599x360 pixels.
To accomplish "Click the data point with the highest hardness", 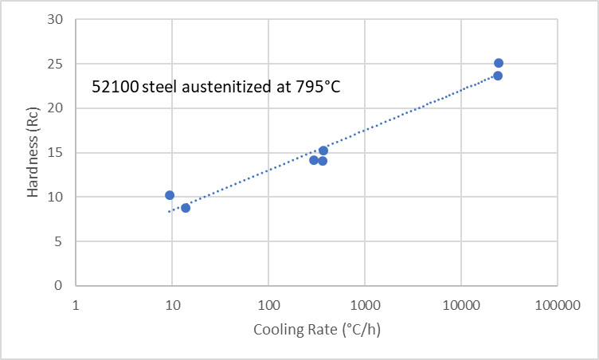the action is (x=499, y=63).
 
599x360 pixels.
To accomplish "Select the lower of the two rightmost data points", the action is (x=498, y=76).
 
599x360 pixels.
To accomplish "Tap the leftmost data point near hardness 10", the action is (x=170, y=195).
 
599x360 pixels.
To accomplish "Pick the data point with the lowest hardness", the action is (x=186, y=208).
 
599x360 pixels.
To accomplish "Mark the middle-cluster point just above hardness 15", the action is (x=323, y=151).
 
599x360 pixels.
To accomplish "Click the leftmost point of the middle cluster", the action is (x=314, y=160).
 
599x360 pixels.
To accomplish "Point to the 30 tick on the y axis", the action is (x=55, y=19).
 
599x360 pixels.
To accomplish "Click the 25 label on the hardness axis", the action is (x=55, y=64).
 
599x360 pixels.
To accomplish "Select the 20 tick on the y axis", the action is (x=55, y=108).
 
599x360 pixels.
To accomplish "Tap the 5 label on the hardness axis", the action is (x=58, y=241).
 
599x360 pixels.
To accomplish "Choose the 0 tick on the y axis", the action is (x=58, y=285).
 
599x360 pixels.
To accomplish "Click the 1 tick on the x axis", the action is (x=76, y=305).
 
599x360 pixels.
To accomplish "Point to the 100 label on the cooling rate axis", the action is (x=268, y=305).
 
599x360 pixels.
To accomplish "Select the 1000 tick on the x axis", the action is (x=365, y=305).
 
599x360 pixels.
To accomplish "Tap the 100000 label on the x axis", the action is (x=558, y=305).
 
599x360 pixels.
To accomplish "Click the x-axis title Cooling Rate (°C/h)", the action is (x=317, y=330).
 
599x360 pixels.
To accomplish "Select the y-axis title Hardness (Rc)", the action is (x=33, y=152).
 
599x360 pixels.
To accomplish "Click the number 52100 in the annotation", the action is (x=115, y=87).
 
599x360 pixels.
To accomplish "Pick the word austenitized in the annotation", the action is (x=227, y=87).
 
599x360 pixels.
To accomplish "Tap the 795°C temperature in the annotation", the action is (x=318, y=87).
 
